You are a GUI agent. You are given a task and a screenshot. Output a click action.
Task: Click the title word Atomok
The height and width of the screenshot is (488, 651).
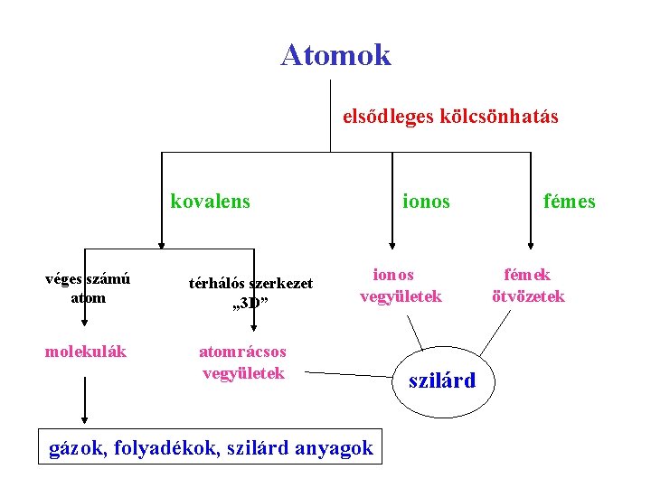click(x=335, y=55)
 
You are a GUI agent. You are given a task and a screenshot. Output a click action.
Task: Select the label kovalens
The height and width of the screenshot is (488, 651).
click(x=210, y=201)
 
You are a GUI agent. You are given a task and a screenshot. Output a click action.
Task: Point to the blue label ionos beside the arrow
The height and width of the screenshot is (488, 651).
click(x=426, y=202)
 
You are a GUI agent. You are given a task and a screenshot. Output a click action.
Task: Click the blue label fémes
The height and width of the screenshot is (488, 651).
click(x=569, y=202)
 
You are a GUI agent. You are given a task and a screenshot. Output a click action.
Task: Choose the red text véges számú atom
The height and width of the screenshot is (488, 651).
click(x=88, y=287)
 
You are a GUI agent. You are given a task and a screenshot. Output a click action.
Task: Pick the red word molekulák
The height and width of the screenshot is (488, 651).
click(x=86, y=351)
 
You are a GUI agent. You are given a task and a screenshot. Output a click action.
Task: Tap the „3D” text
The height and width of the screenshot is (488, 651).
click(x=250, y=302)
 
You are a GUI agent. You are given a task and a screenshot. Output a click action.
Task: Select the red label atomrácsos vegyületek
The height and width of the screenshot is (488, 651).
click(x=243, y=361)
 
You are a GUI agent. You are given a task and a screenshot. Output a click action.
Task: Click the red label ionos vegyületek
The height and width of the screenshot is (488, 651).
click(x=401, y=285)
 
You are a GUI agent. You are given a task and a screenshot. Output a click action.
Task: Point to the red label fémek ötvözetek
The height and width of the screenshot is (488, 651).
click(x=528, y=285)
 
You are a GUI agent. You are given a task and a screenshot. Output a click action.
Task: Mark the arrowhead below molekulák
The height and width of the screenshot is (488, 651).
click(x=85, y=418)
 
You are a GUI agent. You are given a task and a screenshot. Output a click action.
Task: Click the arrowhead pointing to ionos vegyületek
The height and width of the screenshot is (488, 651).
click(x=392, y=242)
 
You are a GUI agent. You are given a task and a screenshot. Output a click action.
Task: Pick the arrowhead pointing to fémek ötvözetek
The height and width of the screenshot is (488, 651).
click(x=532, y=242)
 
